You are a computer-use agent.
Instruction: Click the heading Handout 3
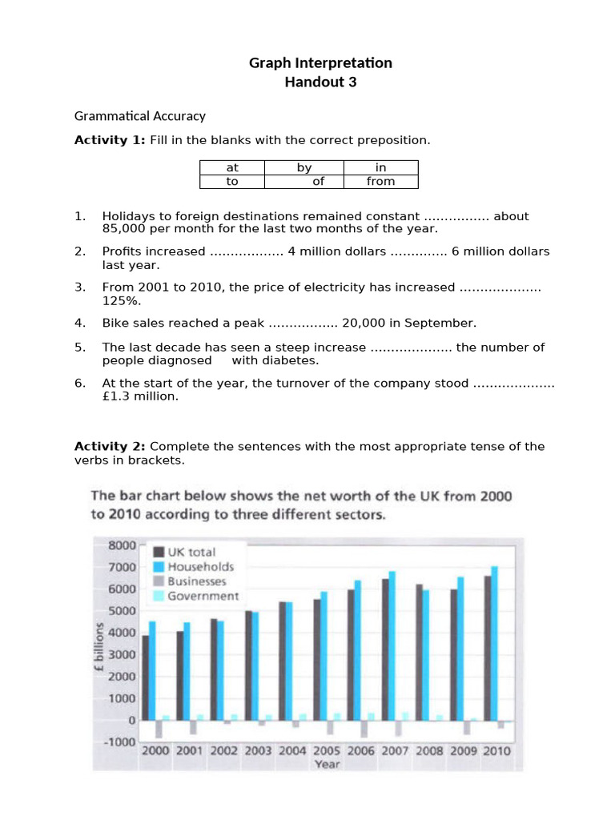point(320,82)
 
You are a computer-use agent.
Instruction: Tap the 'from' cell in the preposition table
point(380,181)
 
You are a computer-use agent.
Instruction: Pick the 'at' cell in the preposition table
point(232,167)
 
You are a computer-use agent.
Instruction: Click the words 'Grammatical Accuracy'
point(140,116)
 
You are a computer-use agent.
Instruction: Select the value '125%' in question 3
point(119,299)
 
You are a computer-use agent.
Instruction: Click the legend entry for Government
point(203,596)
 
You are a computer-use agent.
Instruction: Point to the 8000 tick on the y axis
point(122,545)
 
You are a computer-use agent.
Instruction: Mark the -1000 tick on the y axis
point(120,742)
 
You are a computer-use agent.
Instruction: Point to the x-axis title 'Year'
point(327,764)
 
